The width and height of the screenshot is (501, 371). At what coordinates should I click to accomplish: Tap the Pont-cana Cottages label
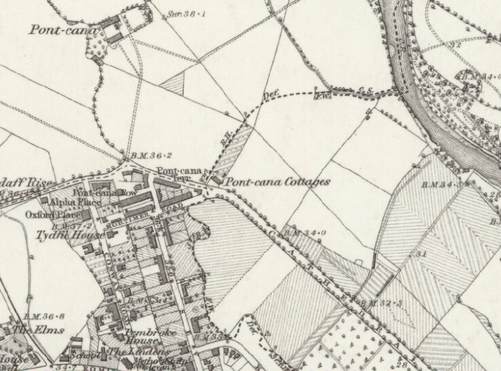(x=276, y=182)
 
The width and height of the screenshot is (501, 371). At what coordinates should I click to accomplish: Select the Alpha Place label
(x=76, y=203)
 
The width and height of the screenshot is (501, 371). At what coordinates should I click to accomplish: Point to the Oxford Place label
(x=53, y=215)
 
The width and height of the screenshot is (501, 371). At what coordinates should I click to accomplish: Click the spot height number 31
(x=420, y=254)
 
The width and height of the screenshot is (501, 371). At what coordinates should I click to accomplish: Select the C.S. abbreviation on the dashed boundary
(x=365, y=89)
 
